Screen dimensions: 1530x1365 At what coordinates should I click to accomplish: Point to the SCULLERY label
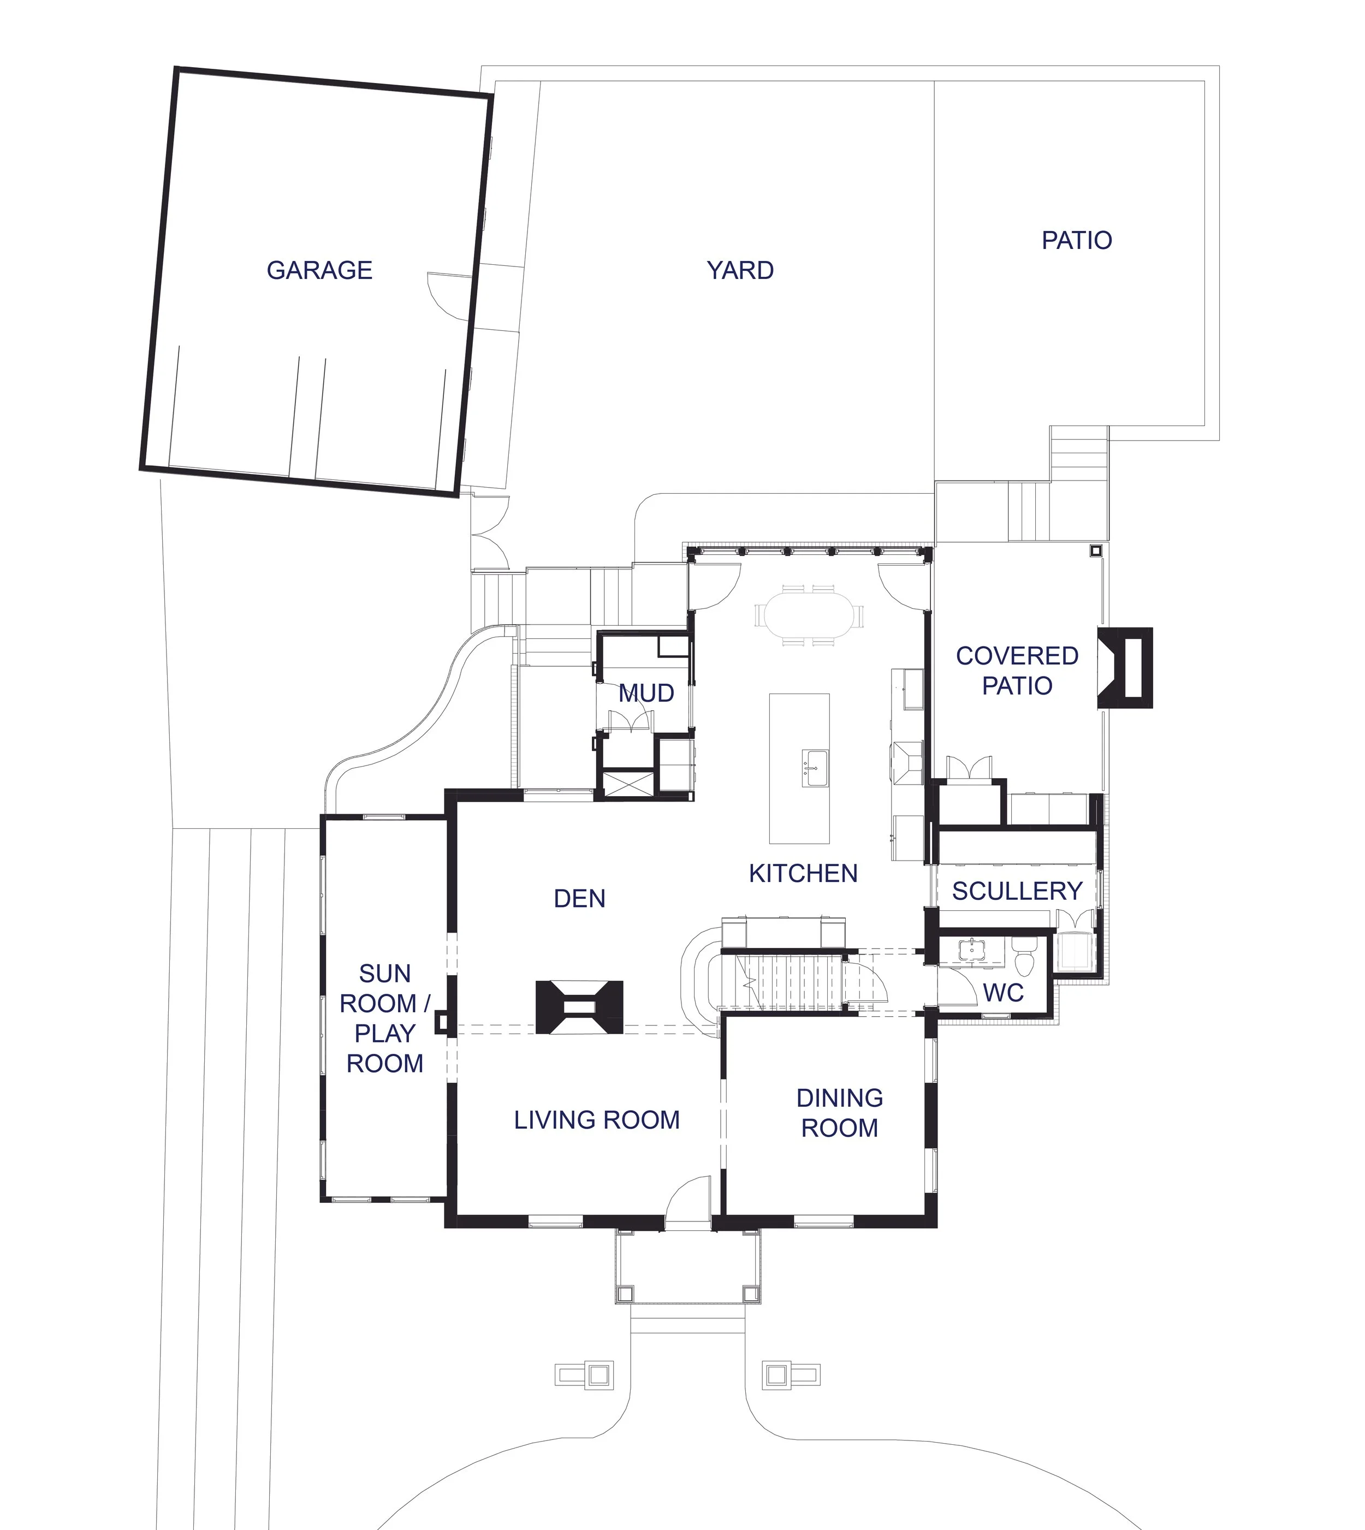[1017, 892]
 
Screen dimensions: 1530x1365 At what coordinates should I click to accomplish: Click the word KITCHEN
[803, 874]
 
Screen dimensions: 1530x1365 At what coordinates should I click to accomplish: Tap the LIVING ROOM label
[597, 1120]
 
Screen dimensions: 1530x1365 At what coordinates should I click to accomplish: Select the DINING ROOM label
[839, 1113]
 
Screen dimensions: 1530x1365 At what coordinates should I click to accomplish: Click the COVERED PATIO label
[1017, 671]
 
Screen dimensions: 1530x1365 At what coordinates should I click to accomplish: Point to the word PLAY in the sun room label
[385, 1034]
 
